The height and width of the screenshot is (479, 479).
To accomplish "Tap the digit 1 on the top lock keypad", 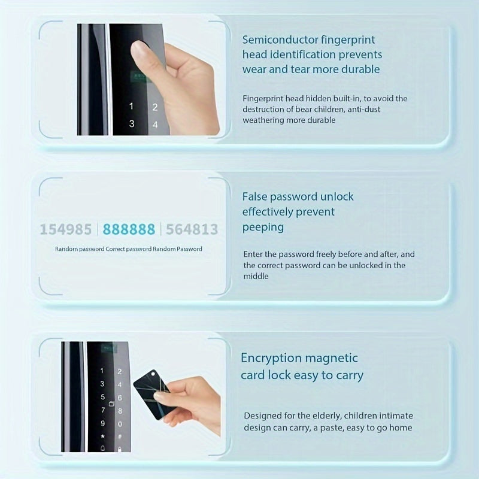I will pos(132,107).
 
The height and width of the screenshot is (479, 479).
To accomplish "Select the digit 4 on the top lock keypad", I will pos(154,125).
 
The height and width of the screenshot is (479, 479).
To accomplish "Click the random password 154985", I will pos(66,229).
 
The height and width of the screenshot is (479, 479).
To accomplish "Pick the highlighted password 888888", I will pos(129,229).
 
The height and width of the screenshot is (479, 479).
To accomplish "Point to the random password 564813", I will pos(192,229).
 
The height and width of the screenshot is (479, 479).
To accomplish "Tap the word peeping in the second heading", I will pos(263,228).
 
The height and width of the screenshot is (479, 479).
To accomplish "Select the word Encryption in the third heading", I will pos(271,358).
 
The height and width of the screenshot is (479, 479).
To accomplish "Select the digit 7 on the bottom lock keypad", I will pos(102,411).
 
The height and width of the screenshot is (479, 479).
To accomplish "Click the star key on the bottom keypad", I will pos(102,436).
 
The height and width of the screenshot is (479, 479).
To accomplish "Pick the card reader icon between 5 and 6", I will pos(102,397).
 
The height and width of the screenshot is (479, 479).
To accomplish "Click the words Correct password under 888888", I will pos(128,249).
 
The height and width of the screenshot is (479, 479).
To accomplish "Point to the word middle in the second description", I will pos(256,276).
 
